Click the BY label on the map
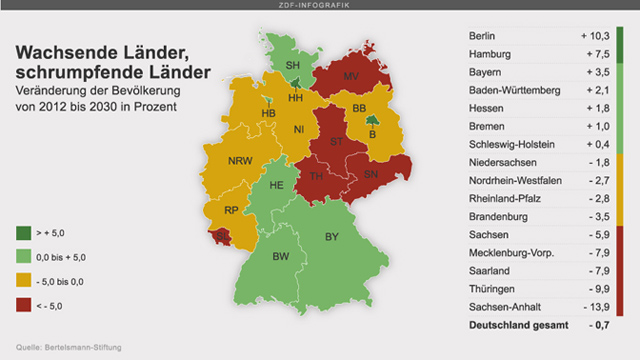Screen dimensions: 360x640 click(x=332, y=237)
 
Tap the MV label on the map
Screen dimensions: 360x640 click(x=352, y=77)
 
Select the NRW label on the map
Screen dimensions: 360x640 click(x=240, y=161)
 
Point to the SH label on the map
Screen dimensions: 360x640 click(x=293, y=66)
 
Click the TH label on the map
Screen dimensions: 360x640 click(x=317, y=177)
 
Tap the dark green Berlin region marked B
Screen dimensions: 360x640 click(x=372, y=130)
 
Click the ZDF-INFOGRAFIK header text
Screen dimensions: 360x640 click(x=320, y=6)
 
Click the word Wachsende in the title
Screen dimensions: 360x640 click(x=59, y=52)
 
